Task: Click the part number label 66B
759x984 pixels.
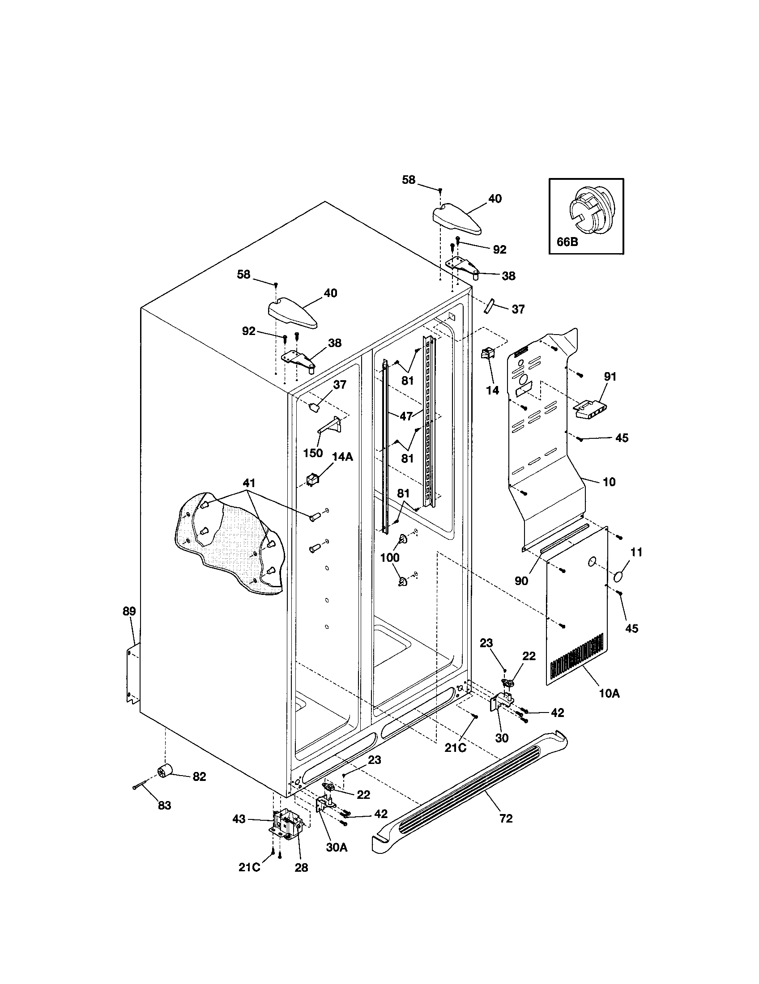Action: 567,242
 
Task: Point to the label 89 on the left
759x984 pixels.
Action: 129,611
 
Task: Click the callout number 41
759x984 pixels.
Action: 249,483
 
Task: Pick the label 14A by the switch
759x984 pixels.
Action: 342,456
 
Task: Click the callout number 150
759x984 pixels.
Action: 313,452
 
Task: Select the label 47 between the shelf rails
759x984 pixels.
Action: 406,416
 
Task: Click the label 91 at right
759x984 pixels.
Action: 610,377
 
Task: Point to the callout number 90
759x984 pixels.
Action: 521,581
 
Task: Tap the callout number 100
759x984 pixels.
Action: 389,557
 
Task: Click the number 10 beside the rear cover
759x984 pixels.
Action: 609,482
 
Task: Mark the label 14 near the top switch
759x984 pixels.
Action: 493,390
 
